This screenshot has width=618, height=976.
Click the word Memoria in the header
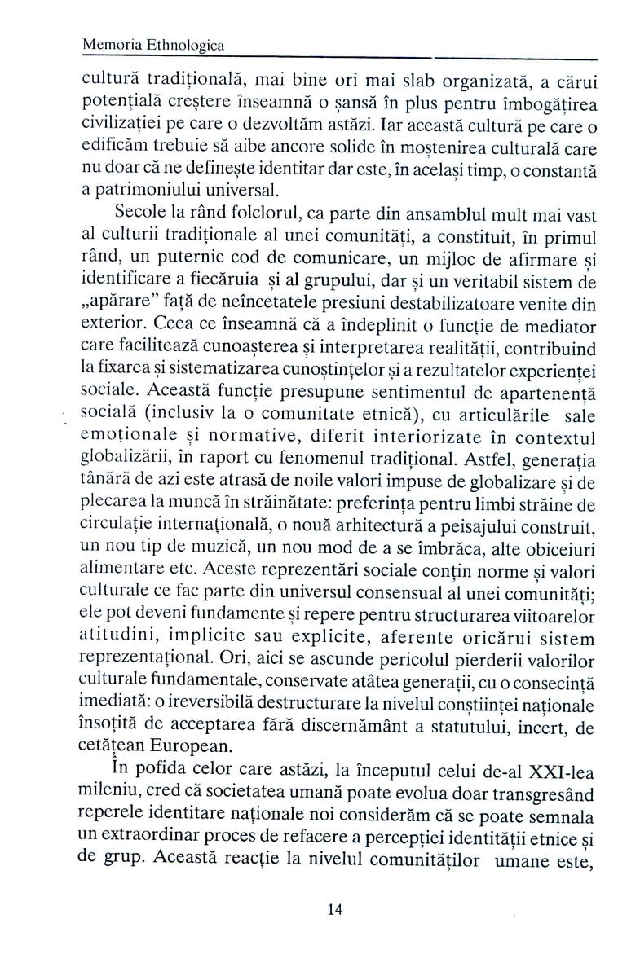[x=113, y=47]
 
